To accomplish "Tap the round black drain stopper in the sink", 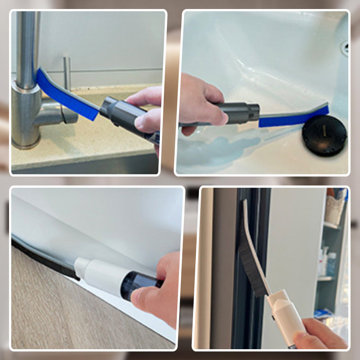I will coord(324,135).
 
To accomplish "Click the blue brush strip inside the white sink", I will coord(292,118).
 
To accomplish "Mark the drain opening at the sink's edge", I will coord(346,47).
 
